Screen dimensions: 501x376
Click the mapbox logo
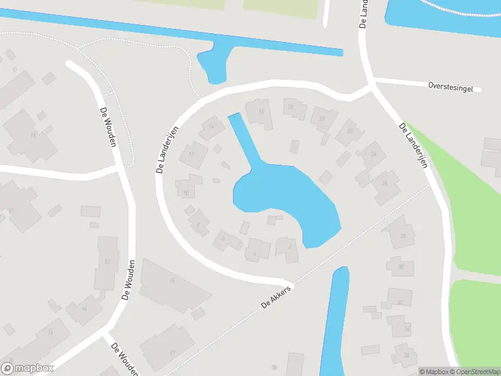28,368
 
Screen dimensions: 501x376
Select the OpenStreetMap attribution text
474,372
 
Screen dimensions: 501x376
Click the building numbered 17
172,352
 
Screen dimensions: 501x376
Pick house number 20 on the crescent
322,118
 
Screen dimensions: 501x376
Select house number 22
349,131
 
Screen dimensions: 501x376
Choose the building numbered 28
401,236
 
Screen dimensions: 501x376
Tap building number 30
401,266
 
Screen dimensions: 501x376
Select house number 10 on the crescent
187,191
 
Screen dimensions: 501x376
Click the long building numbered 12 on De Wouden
108,261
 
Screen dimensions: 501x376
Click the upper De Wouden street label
108,126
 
